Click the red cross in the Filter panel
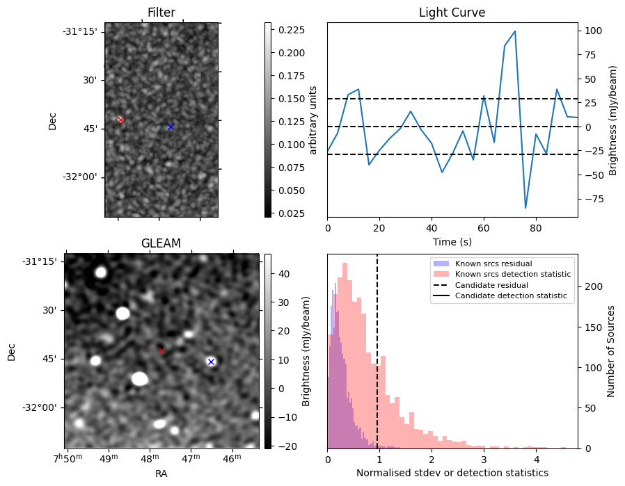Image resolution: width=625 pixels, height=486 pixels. [120, 120]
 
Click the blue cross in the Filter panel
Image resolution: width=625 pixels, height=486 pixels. [171, 127]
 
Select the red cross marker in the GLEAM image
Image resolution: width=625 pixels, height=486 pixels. [161, 350]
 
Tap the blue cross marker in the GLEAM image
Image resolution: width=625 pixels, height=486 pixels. [211, 362]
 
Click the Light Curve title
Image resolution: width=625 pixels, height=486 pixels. [452, 13]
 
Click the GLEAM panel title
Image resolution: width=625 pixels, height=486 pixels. [161, 243]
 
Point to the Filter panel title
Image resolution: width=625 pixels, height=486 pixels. [161, 13]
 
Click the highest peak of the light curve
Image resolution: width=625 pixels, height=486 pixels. [515, 31]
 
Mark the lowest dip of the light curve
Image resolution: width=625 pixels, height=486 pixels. [525, 208]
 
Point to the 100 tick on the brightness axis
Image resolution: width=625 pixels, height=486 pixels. [593, 31]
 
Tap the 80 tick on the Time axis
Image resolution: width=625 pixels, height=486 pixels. [535, 227]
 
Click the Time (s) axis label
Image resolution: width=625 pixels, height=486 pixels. [452, 241]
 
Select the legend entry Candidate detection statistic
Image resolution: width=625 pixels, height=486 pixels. [510, 296]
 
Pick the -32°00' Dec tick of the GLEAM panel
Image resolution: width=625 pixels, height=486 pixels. [38, 407]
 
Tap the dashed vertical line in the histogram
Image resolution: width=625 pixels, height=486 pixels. [377, 348]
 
